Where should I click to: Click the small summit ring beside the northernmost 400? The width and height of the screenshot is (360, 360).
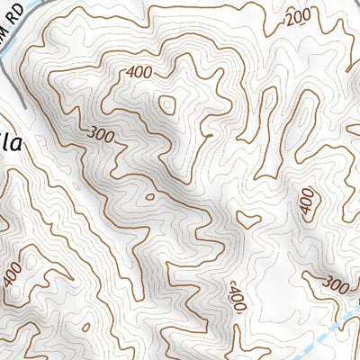(167, 104)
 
